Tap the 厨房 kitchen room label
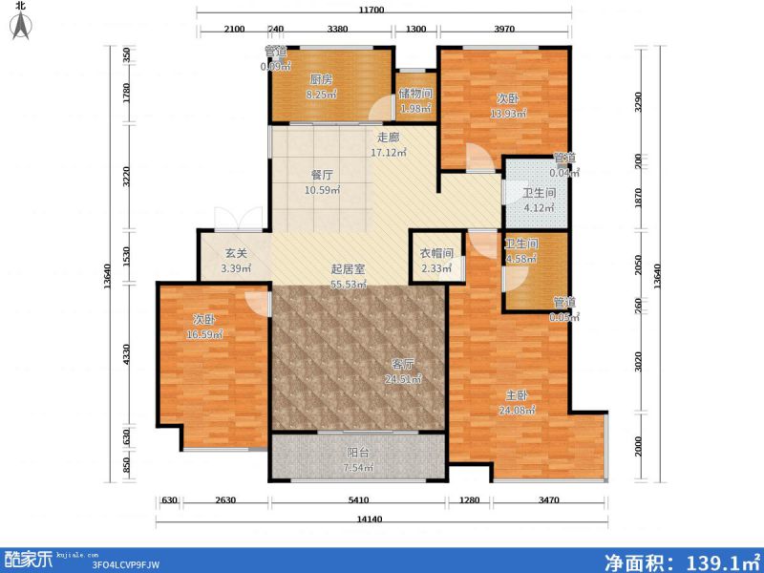(x=320, y=80)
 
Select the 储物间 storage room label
(x=415, y=94)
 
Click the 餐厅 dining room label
(x=322, y=175)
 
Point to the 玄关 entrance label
(x=236, y=254)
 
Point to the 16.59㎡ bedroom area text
(x=206, y=334)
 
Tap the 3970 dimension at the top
(x=505, y=30)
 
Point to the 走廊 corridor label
(x=387, y=137)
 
